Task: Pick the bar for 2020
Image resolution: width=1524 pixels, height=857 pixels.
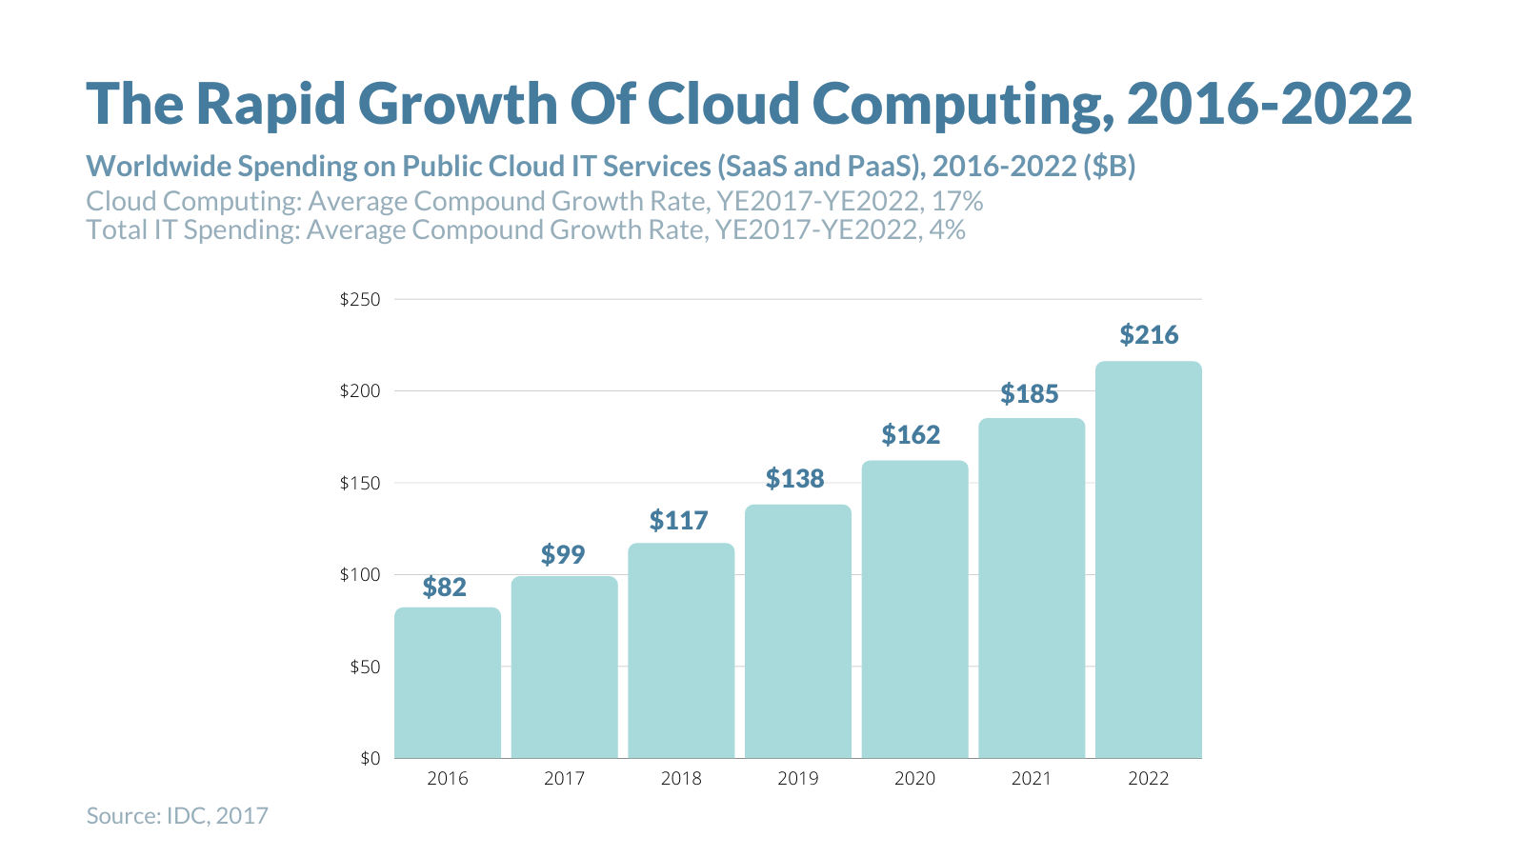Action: click(914, 609)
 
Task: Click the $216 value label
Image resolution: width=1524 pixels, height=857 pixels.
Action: click(1149, 335)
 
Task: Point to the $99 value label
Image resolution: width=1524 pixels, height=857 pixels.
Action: click(563, 554)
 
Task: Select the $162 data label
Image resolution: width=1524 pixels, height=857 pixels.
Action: click(911, 435)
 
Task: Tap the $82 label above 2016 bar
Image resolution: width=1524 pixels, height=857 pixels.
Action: click(445, 587)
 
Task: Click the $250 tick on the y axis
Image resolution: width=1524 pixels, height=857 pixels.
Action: click(360, 299)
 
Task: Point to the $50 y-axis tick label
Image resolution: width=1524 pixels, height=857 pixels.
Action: click(365, 667)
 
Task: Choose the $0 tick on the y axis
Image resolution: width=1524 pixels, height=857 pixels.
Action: click(370, 758)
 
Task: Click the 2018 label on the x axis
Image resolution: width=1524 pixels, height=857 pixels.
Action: click(681, 779)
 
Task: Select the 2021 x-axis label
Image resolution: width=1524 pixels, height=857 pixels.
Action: click(1031, 779)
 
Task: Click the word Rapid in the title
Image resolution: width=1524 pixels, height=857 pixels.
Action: click(271, 103)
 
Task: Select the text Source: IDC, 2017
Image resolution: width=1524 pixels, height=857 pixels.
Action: click(177, 816)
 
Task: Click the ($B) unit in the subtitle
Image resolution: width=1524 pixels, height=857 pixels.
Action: click(1110, 167)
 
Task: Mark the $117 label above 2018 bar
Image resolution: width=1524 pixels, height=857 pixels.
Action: click(678, 521)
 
